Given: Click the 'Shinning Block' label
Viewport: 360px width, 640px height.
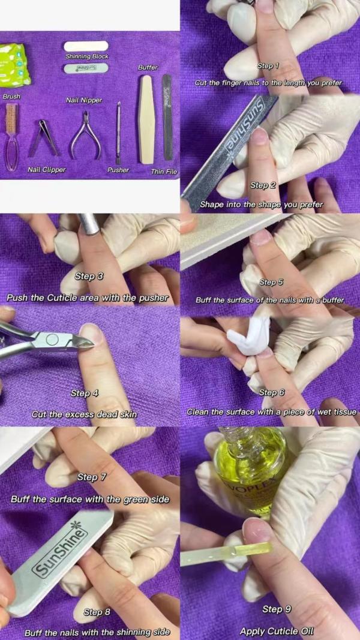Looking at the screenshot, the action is click(88, 56).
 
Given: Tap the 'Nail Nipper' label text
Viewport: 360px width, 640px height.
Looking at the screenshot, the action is click(84, 100).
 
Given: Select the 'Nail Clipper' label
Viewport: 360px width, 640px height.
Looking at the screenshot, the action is click(47, 169).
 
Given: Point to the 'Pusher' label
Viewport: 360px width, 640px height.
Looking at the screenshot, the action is click(118, 170).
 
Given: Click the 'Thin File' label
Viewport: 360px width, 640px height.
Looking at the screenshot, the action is click(164, 172).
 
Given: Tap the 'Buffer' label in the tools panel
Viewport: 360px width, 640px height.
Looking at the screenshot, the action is click(148, 67).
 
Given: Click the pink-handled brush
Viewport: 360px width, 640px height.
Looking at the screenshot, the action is click(11, 137).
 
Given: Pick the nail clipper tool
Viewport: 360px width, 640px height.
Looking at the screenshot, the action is click(43, 139).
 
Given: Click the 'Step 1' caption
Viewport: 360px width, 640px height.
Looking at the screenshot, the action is click(268, 66).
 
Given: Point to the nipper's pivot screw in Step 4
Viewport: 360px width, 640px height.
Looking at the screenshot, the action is click(52, 339).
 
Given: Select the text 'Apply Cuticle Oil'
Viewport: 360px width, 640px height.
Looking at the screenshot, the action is click(277, 631).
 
